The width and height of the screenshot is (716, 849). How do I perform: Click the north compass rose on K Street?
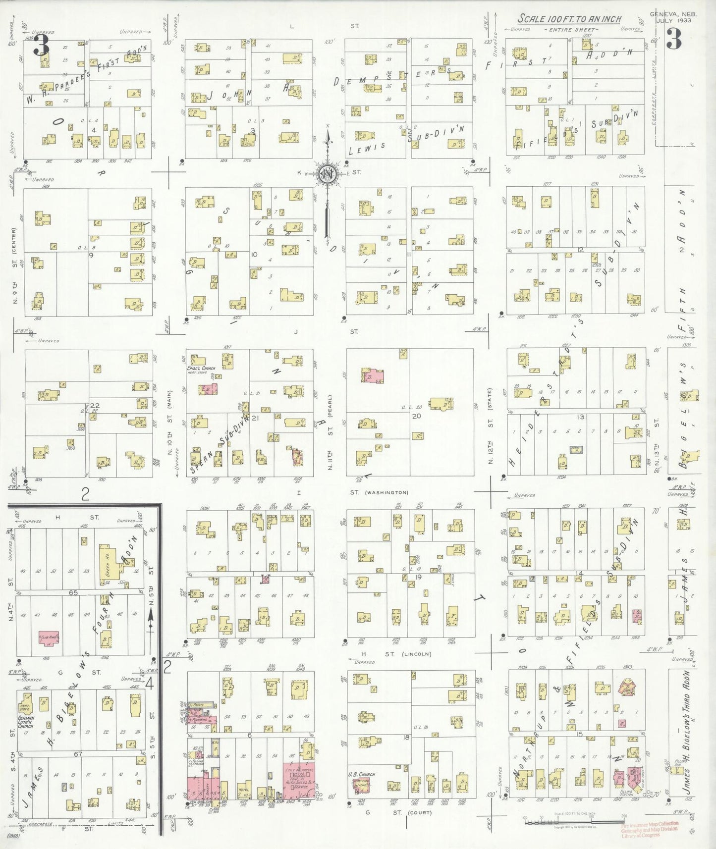click(328, 174)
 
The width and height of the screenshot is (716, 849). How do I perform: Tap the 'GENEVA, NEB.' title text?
click(672, 14)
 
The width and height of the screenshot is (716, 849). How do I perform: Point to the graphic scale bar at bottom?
click(574, 823)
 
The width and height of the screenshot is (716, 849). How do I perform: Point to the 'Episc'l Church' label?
click(205, 369)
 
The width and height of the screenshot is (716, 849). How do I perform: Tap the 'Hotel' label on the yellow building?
click(243, 790)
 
